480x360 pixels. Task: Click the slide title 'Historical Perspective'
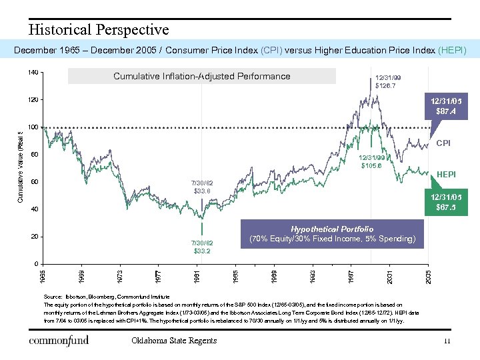[99, 30]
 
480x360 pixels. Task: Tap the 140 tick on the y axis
[33, 72]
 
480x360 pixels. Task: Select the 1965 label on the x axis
[43, 275]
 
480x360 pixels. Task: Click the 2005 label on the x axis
[429, 275]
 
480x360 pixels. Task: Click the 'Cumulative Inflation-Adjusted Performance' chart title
[202, 77]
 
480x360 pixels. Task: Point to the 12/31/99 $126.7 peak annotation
[387, 81]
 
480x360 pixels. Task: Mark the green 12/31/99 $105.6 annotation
[371, 161]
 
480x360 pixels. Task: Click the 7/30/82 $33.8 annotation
[202, 187]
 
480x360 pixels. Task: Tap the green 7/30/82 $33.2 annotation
[202, 247]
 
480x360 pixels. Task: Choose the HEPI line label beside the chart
[446, 175]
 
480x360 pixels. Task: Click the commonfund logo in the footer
[59, 341]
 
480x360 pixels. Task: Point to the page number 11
[447, 341]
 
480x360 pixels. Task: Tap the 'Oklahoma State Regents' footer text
[175, 341]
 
